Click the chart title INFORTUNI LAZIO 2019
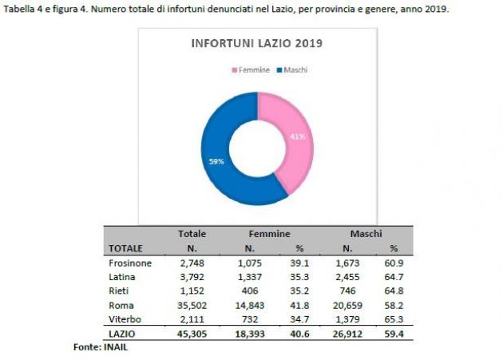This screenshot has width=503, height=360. pyautogui.click(x=256, y=43)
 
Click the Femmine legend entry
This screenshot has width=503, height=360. pyautogui.click(x=251, y=70)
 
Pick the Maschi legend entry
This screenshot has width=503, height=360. pyautogui.click(x=292, y=70)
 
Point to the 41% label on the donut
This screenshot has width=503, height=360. pyautogui.click(x=298, y=136)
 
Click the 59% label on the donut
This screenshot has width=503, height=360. pyautogui.click(x=216, y=161)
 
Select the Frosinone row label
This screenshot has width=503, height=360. pyautogui.click(x=130, y=263)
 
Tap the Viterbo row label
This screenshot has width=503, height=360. pyautogui.click(x=125, y=319)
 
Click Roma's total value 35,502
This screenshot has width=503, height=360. pyautogui.click(x=192, y=305)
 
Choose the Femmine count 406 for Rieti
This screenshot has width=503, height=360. pyautogui.click(x=250, y=291)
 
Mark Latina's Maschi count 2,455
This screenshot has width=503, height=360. pyautogui.click(x=347, y=277)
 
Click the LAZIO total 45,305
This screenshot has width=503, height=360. pyautogui.click(x=192, y=334)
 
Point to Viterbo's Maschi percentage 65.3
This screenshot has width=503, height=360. pyautogui.click(x=394, y=319)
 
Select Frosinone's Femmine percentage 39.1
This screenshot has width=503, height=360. pyautogui.click(x=299, y=263)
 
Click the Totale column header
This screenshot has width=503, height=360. pyautogui.click(x=192, y=234)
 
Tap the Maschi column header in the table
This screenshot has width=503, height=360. pyautogui.click(x=366, y=234)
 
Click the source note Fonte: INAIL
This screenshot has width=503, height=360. pyautogui.click(x=101, y=347)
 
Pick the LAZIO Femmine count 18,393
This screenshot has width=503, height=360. pyautogui.click(x=250, y=334)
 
